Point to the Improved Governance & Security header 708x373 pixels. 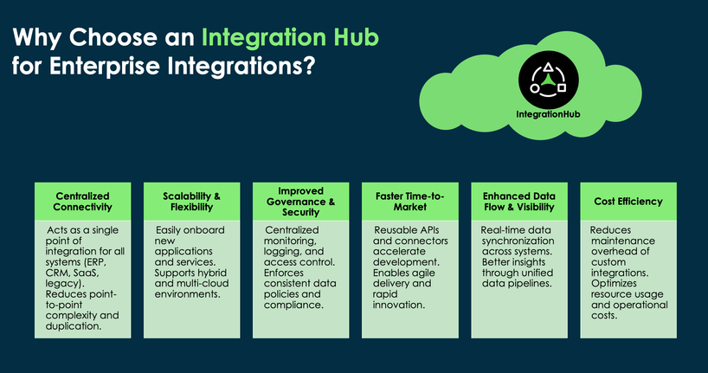point(299,201)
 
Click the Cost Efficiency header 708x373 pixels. point(628,201)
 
